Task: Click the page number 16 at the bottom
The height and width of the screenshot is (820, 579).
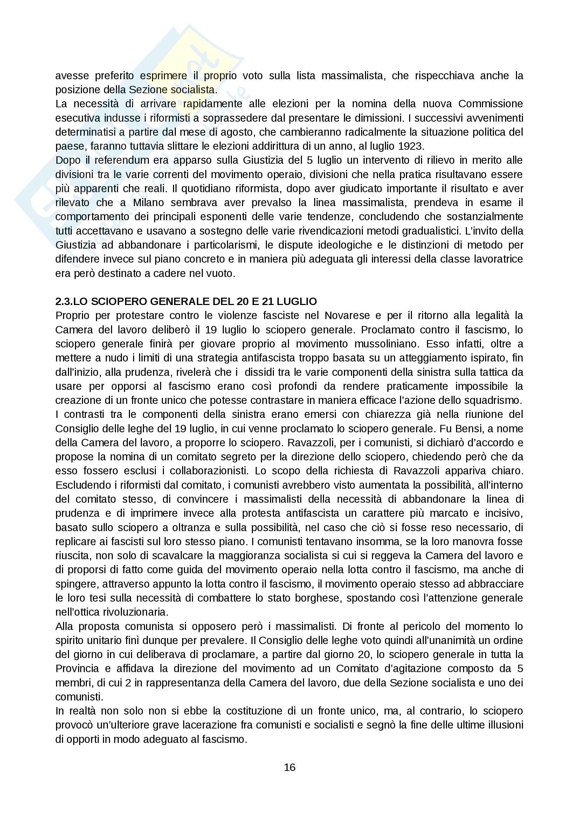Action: coord(289,767)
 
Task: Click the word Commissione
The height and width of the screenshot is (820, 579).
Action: coord(490,103)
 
